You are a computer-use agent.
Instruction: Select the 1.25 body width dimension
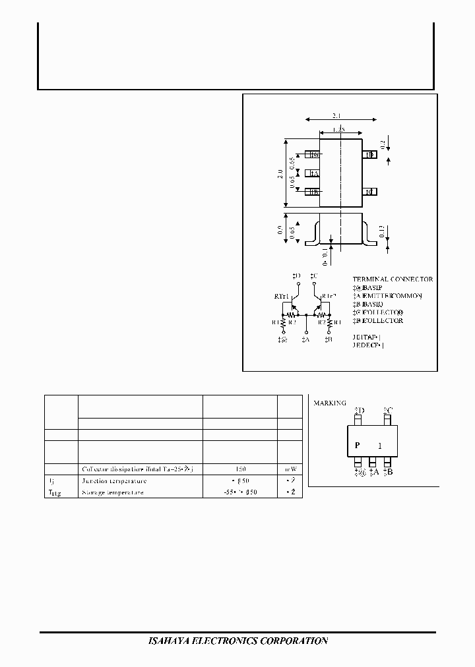[x=340, y=130]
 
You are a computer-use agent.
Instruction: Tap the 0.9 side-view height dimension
[x=280, y=230]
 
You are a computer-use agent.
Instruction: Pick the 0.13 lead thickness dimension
[x=383, y=231]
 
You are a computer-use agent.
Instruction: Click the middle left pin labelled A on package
[x=313, y=174]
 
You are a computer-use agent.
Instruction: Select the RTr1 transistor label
[x=282, y=297]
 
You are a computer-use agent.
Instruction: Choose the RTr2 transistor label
[x=329, y=297]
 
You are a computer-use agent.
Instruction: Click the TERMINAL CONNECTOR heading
[x=393, y=279]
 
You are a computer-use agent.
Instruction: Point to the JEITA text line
[x=367, y=336]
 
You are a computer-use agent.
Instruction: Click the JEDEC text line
[x=367, y=345]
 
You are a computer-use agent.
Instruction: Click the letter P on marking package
[x=357, y=446]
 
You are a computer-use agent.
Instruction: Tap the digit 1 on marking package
[x=379, y=446]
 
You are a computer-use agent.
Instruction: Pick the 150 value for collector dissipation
[x=239, y=469]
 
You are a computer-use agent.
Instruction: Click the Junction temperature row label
[x=114, y=481]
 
